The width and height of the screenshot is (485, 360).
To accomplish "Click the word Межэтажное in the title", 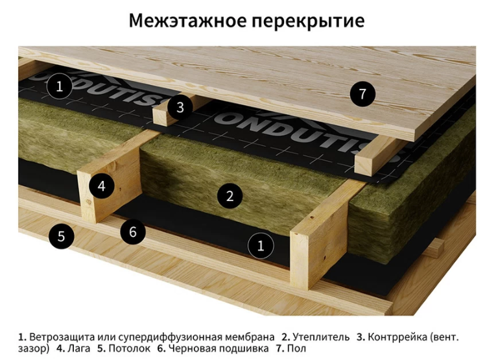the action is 187,21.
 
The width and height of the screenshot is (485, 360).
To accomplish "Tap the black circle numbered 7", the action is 362,94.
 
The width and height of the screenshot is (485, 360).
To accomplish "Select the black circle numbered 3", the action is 180,108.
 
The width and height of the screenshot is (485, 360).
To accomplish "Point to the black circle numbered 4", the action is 101,186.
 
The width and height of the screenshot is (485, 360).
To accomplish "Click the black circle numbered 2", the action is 230,196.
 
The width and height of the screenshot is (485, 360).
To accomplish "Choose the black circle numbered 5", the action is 61,236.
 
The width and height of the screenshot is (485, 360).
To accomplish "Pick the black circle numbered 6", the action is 133,232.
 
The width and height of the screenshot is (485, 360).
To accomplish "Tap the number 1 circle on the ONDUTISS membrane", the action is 60,86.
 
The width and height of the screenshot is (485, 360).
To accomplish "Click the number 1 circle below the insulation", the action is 261,245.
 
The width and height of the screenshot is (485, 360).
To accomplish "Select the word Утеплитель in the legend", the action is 321,337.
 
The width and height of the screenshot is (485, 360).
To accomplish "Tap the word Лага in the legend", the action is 79,348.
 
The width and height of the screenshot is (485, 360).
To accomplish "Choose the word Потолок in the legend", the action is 130,348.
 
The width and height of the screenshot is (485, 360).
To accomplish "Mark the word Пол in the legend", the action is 296,348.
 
